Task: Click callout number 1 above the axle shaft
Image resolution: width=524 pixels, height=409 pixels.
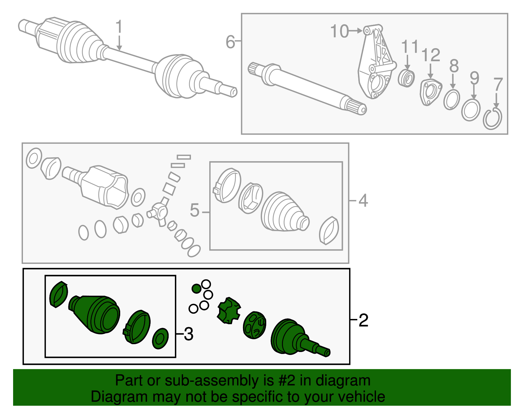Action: (x=119, y=27)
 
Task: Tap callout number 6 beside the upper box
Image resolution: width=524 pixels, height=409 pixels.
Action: (x=230, y=42)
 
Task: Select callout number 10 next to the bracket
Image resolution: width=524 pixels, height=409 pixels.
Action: (x=339, y=31)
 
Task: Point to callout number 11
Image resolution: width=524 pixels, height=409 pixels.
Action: (x=410, y=47)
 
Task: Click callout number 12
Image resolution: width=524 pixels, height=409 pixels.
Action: (x=430, y=55)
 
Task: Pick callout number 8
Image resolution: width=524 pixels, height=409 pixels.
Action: (x=454, y=66)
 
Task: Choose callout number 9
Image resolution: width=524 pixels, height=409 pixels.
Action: (x=474, y=78)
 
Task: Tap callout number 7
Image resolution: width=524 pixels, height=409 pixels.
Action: (x=498, y=84)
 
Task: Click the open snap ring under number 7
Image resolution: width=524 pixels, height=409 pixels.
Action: (x=493, y=119)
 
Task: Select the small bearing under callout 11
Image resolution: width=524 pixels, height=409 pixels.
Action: (x=406, y=79)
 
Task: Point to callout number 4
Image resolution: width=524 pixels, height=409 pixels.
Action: (x=363, y=200)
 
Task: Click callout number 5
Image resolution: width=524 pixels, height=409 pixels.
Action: (x=195, y=210)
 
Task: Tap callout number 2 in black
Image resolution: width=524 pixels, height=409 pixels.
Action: (x=364, y=320)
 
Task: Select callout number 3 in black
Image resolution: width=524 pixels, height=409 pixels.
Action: (x=189, y=334)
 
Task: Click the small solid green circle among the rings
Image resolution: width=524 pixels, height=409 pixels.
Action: (x=196, y=288)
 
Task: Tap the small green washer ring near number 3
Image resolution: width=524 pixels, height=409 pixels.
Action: (x=160, y=339)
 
